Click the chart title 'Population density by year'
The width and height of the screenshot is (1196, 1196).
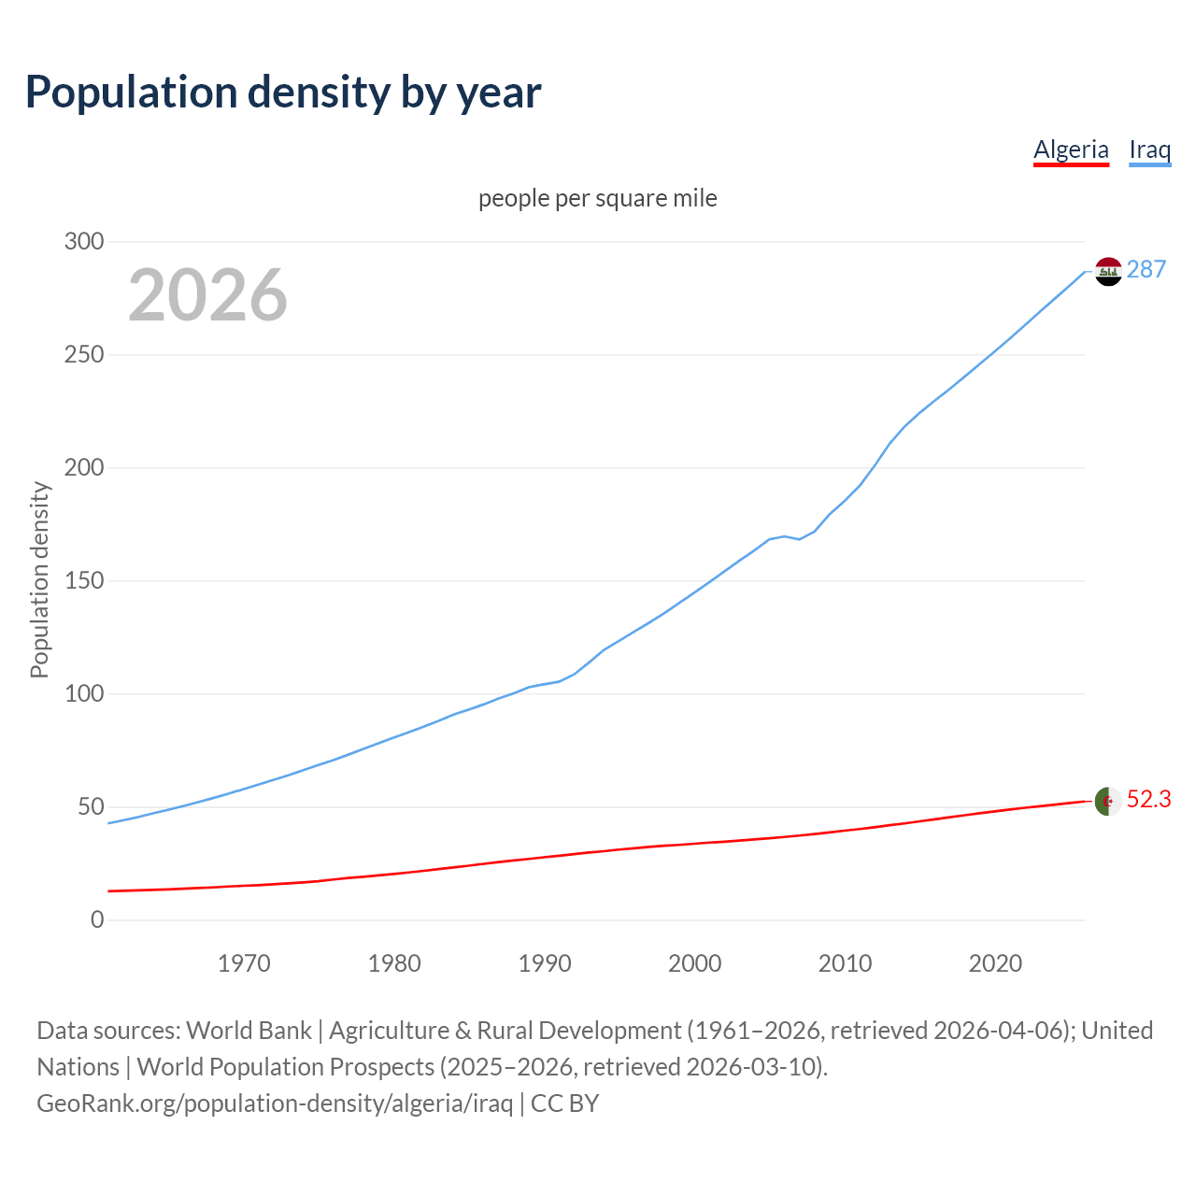click(283, 93)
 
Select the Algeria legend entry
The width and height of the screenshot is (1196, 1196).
click(1071, 149)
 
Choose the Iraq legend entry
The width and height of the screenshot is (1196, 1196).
click(1149, 149)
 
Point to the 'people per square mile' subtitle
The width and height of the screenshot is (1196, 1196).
click(598, 199)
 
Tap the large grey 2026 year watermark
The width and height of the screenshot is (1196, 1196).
click(207, 295)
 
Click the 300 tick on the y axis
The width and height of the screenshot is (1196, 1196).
click(84, 242)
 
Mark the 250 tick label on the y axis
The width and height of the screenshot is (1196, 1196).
click(84, 355)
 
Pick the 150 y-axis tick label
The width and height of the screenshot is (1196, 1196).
click(84, 581)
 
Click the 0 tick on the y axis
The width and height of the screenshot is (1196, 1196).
click(97, 920)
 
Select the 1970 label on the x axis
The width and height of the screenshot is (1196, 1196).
click(244, 963)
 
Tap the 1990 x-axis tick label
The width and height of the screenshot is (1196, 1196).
click(545, 963)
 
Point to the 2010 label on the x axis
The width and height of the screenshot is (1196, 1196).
click(845, 963)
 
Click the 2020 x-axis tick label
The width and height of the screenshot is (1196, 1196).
click(995, 963)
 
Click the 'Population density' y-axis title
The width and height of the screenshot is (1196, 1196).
click(39, 579)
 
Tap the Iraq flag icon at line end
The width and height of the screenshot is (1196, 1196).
click(1108, 271)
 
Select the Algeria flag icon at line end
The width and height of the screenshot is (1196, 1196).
click(1108, 801)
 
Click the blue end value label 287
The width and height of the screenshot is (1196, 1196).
click(1146, 270)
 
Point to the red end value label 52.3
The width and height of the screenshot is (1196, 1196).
click(1148, 800)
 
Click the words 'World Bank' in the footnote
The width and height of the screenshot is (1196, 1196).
click(249, 1031)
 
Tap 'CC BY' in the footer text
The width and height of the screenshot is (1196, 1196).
click(564, 1103)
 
